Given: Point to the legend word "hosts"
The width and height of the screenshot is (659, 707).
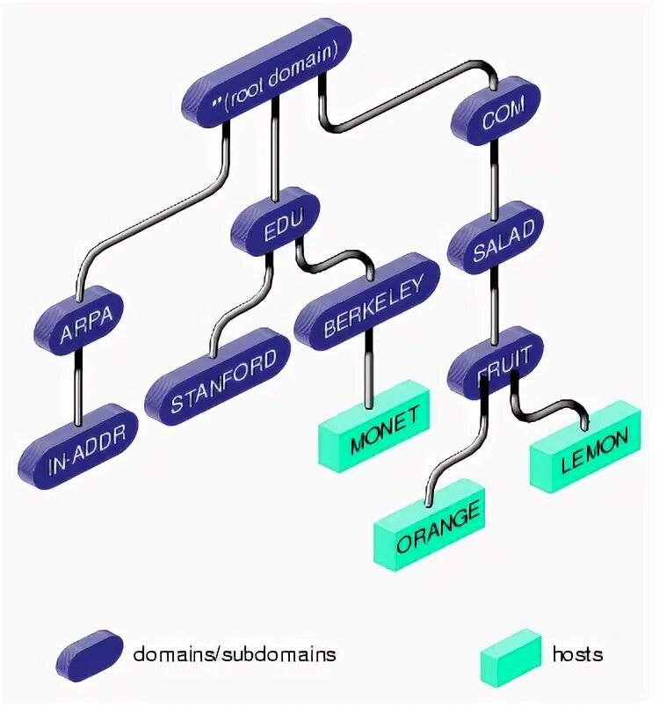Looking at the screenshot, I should pos(577,654).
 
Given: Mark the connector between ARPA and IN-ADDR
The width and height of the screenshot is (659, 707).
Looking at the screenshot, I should pos(81,378).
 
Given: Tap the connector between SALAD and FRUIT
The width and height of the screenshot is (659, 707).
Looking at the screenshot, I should pos(495,299).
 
